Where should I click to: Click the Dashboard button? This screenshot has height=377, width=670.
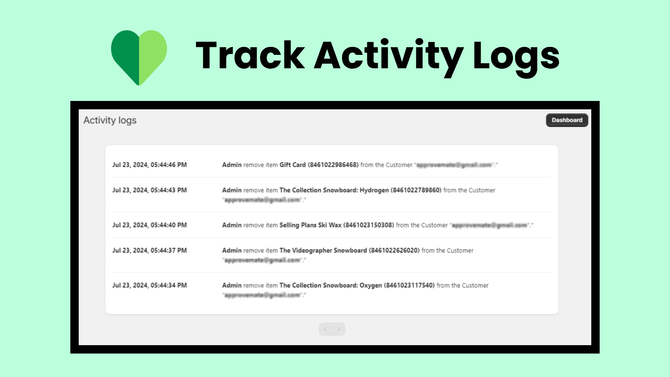click(567, 120)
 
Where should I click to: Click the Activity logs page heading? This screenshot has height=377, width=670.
click(110, 120)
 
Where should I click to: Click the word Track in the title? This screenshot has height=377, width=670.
click(250, 56)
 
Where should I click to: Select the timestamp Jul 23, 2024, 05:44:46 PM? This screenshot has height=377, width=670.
click(149, 165)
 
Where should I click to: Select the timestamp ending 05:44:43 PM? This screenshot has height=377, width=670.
click(149, 190)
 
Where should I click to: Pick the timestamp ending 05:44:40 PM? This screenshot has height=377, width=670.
click(149, 225)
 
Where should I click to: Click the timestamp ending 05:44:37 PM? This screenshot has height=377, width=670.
click(149, 250)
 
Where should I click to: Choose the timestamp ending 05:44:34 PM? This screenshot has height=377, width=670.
click(149, 285)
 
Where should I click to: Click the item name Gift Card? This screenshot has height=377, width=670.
click(292, 165)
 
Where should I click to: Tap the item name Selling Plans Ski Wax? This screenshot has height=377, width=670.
click(310, 225)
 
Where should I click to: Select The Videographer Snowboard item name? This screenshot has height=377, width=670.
click(323, 250)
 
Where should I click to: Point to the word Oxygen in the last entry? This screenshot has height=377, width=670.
click(371, 286)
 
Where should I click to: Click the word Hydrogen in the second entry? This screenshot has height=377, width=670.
click(374, 190)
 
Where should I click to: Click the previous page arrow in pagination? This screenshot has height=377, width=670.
click(326, 329)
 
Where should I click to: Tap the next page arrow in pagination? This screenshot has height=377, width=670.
click(338, 329)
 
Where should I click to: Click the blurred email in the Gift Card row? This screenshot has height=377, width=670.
click(454, 165)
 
